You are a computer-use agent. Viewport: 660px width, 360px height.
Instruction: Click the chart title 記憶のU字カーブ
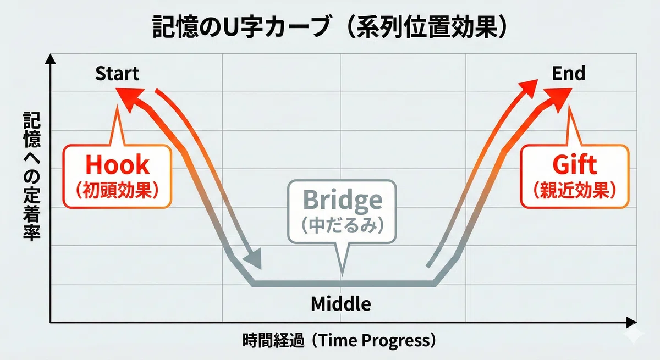pyautogui.click(x=241, y=27)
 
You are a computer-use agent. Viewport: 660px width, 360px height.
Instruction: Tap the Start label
pyautogui.click(x=117, y=73)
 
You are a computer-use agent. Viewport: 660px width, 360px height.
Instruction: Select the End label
pyautogui.click(x=568, y=73)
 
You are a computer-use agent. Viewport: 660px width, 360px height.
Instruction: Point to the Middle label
pyautogui.click(x=341, y=303)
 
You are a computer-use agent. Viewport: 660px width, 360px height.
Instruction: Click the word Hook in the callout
pyautogui.click(x=117, y=164)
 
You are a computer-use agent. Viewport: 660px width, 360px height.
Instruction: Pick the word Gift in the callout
pyautogui.click(x=575, y=164)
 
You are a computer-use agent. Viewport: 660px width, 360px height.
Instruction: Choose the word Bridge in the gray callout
pyautogui.click(x=342, y=201)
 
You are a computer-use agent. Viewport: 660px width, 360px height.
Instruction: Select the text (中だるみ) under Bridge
pyautogui.click(x=342, y=225)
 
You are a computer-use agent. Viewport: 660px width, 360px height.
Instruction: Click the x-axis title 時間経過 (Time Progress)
pyautogui.click(x=339, y=340)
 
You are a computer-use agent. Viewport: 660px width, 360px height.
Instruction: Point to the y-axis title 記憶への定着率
pyautogui.click(x=32, y=176)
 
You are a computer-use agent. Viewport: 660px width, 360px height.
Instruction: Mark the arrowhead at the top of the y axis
pyautogui.click(x=51, y=59)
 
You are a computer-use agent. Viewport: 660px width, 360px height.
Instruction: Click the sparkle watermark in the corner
pyautogui.click(x=634, y=335)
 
